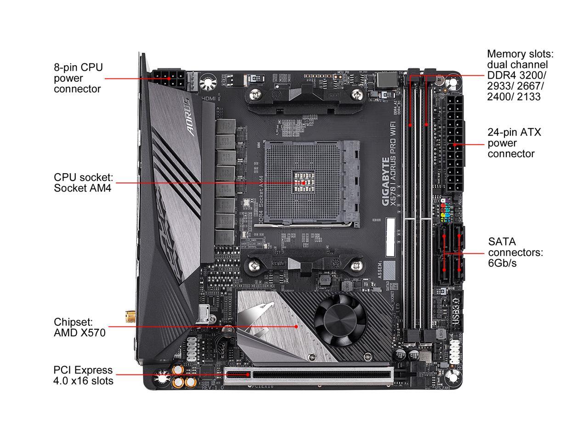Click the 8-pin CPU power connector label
pyautogui.click(x=78, y=78)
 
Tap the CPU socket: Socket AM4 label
pyautogui.click(x=83, y=182)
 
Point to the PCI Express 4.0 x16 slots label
pyautogui.click(x=83, y=375)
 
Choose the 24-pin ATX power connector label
pyautogui.click(x=514, y=143)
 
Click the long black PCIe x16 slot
pyautogui.click(x=322, y=374)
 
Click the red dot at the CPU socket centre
pyautogui.click(x=304, y=182)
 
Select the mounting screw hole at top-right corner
pyautogui.click(x=452, y=83)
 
